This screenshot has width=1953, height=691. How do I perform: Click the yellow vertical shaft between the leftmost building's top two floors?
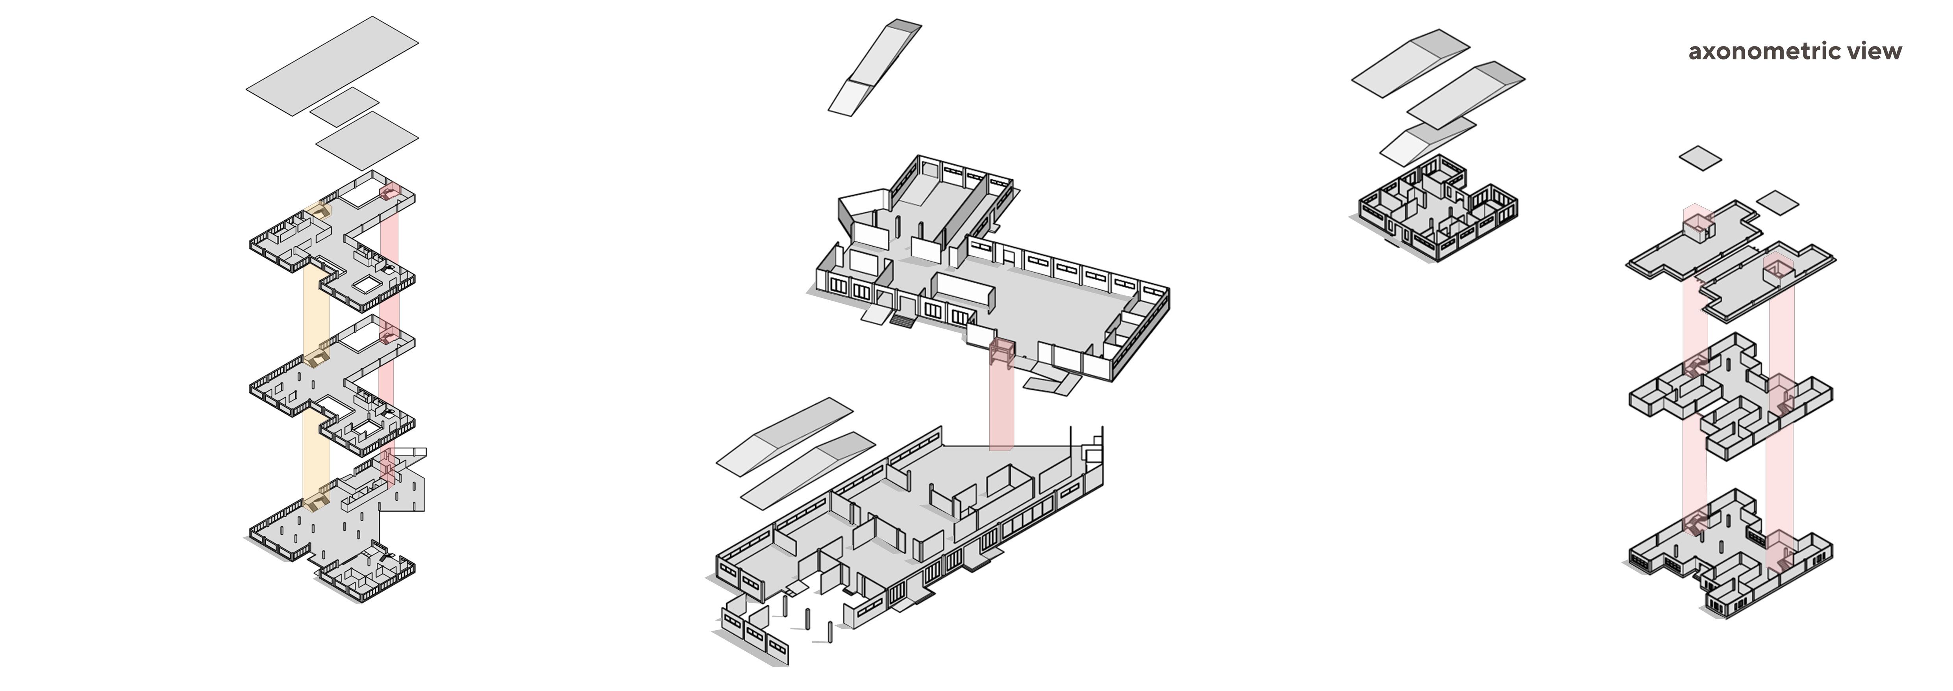(x=316, y=303)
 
